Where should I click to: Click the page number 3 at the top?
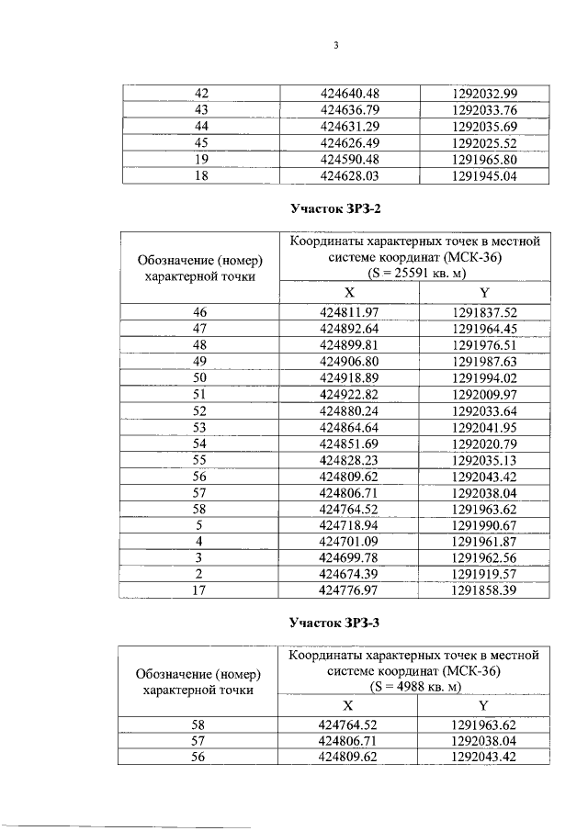336,47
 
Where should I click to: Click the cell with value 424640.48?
349,94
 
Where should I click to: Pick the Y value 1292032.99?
485,94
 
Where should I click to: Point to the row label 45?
202,142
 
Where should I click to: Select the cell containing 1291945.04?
485,175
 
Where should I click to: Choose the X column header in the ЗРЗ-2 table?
349,292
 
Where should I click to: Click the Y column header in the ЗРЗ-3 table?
484,705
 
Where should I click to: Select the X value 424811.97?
349,313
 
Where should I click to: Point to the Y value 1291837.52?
485,313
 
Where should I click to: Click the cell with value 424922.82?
349,395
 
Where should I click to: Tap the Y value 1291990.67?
485,525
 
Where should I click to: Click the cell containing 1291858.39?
485,590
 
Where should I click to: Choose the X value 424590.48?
349,159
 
